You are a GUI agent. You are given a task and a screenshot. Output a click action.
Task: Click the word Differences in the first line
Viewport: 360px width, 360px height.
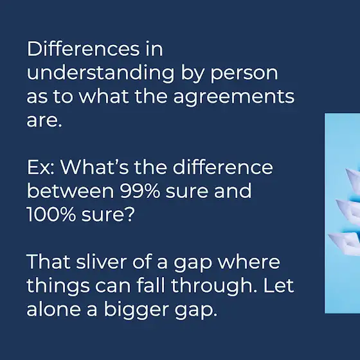coord(83,49)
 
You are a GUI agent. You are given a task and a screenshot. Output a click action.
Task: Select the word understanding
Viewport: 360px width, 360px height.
coord(100,73)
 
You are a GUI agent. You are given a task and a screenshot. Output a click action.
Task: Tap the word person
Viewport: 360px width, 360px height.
coord(244,75)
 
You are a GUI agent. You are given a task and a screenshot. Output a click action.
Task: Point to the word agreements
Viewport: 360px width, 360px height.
coord(234,97)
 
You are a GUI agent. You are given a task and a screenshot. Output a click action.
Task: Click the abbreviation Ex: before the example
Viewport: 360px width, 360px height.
coord(40,167)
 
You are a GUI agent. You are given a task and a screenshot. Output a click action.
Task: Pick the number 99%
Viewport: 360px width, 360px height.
coord(140,191)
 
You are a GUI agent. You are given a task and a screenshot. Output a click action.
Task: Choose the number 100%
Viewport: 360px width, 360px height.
coord(51,215)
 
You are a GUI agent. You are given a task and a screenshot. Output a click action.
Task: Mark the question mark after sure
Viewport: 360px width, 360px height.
coord(130,213)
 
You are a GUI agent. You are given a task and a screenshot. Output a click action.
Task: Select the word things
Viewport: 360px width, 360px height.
coord(58,286)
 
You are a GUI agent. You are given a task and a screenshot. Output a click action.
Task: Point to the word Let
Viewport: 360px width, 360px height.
coord(278,285)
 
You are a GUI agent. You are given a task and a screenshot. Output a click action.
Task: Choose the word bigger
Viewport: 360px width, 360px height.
coord(136,310)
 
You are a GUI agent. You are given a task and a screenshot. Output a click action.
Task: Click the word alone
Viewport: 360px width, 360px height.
coord(54,309)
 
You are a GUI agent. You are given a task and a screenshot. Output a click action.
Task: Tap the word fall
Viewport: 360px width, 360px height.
coord(151,285)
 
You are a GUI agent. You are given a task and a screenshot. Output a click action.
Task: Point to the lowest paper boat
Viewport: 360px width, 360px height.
coord(345,244)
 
